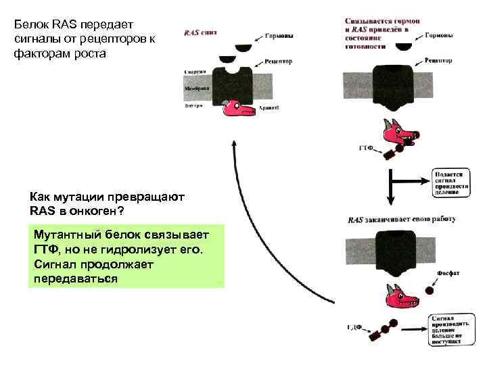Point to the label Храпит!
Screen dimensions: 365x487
click(x=269, y=107)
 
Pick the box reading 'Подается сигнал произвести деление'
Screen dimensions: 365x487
click(x=448, y=182)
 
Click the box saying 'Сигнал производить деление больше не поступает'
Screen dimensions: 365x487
click(x=449, y=331)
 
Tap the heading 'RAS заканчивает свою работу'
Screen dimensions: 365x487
click(x=401, y=219)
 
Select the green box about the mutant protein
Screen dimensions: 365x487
click(x=126, y=257)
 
